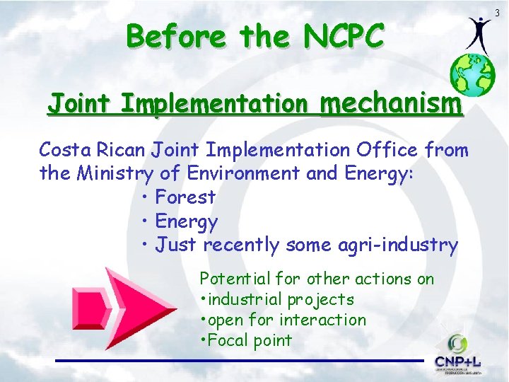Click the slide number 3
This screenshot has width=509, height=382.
click(498, 13)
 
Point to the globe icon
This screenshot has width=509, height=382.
click(472, 75)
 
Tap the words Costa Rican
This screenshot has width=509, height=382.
click(93, 150)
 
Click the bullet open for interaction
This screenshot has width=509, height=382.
click(286, 320)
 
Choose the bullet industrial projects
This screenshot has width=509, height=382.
click(280, 299)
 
